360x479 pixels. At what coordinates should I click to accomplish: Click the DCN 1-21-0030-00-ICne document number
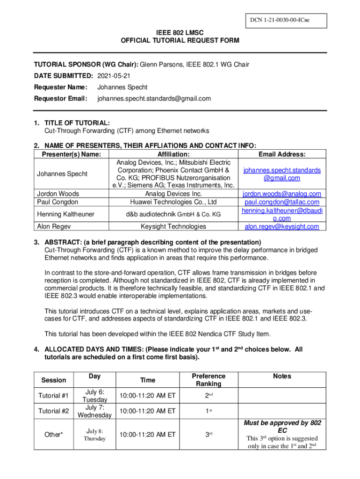[279, 21]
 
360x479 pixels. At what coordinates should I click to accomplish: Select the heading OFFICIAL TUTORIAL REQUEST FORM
[180, 41]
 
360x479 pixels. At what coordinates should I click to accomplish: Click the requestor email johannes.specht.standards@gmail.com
[154, 99]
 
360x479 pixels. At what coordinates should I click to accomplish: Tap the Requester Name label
[60, 87]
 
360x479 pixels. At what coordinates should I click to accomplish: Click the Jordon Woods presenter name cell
[58, 194]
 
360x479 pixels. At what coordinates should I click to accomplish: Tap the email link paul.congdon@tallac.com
[282, 202]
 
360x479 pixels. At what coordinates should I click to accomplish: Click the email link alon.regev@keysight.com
[282, 226]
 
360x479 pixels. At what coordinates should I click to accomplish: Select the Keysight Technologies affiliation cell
[173, 226]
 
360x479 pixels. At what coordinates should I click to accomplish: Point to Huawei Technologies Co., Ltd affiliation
[173, 202]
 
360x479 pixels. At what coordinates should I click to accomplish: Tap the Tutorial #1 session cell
[53, 396]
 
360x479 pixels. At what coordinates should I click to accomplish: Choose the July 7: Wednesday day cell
[94, 411]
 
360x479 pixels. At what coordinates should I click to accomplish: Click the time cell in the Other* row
[147, 435]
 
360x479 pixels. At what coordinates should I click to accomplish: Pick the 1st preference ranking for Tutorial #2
[208, 411]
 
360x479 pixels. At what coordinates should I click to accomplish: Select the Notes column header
[282, 376]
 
